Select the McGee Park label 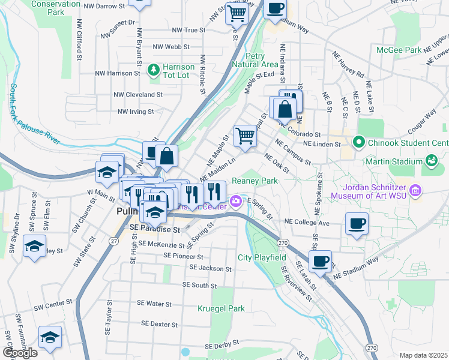[399, 50]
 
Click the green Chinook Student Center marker [359, 142]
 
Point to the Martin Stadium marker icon [430, 160]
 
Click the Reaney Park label [255, 180]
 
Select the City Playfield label [261, 257]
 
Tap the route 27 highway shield [113, 240]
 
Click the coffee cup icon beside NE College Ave [357, 224]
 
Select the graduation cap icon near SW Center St [49, 338]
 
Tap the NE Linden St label [322, 144]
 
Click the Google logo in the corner [20, 353]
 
